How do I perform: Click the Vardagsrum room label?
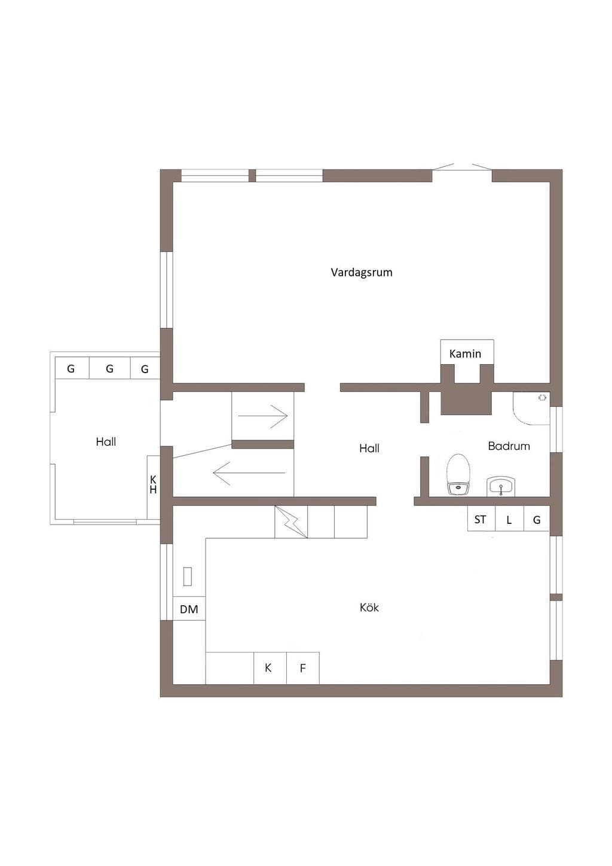(361, 273)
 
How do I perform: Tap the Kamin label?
(465, 353)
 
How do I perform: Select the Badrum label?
(509, 446)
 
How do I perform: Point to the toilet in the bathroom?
(458, 474)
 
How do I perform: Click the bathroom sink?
(501, 486)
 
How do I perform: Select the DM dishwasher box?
(189, 609)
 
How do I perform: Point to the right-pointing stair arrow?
(263, 416)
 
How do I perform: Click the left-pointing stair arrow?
(249, 473)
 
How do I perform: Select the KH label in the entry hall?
(153, 484)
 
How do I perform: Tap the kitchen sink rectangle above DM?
(188, 577)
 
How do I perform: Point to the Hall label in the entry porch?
(106, 441)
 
